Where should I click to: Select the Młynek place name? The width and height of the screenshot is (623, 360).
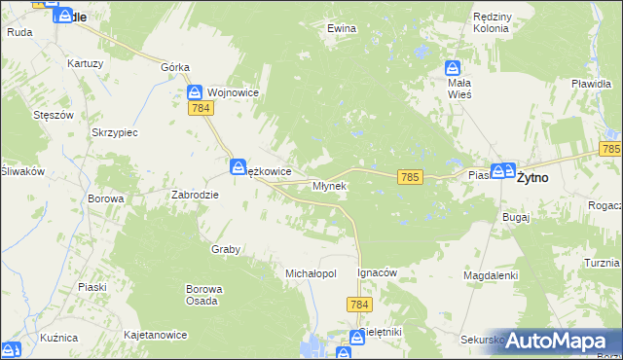coord(329,185)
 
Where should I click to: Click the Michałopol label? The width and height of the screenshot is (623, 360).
coord(311,273)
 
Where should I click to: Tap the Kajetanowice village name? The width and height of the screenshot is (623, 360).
coord(155,335)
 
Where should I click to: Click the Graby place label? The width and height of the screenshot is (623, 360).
coord(226,249)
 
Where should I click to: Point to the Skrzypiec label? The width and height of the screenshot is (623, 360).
coord(115,131)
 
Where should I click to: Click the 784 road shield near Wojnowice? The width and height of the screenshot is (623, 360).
coord(202,109)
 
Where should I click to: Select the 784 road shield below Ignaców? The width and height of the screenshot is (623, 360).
coord(357,305)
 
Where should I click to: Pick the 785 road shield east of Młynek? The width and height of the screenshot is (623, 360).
coord(410,176)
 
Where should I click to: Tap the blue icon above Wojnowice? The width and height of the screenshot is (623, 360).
coord(194,91)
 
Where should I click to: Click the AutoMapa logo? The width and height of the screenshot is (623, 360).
coord(560,341)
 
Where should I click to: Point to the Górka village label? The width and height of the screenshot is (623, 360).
coord(175,67)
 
